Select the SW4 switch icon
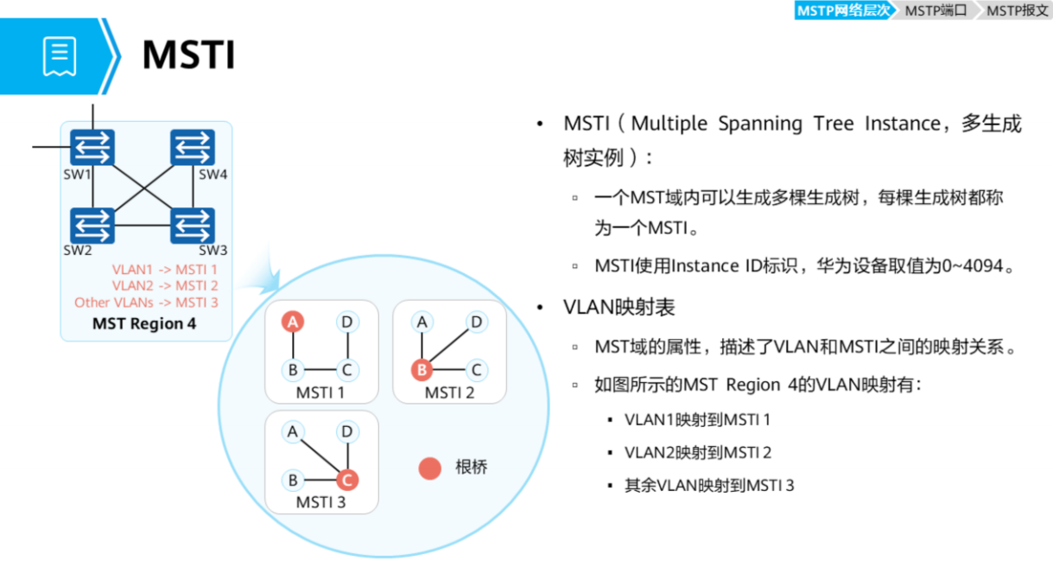[x=193, y=148]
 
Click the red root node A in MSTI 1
[x=294, y=322]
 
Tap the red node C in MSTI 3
[x=347, y=480]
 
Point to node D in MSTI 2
[x=475, y=322]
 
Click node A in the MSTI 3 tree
[x=294, y=431]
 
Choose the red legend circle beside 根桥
[x=429, y=468]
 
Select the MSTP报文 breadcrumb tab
[x=1017, y=10]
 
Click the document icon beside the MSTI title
[x=60, y=56]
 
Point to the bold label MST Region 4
[x=144, y=324]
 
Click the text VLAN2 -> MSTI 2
[x=165, y=286]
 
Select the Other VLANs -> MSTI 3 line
[x=146, y=303]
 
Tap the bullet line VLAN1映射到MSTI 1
[x=697, y=420]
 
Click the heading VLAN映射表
[x=619, y=308]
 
